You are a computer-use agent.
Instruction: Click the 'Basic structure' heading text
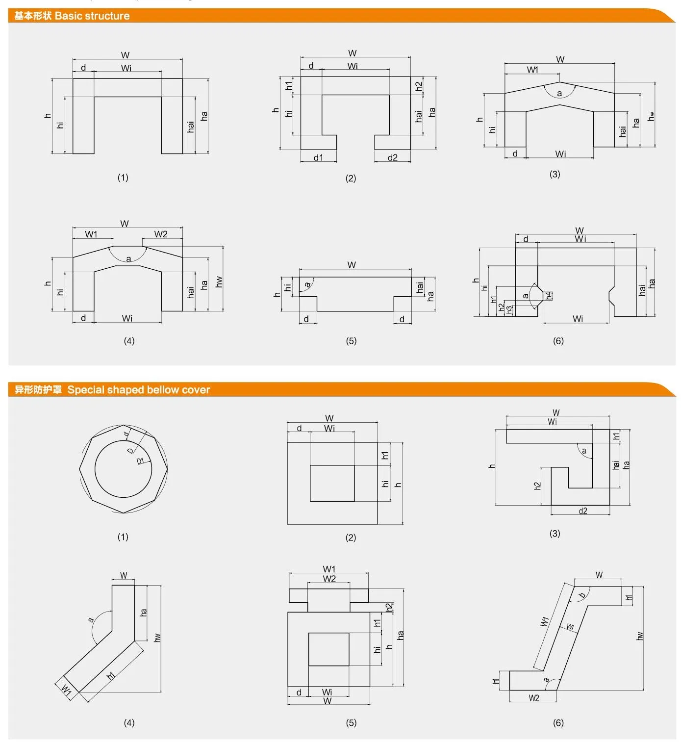pos(92,16)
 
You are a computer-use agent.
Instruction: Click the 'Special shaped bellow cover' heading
pos(138,390)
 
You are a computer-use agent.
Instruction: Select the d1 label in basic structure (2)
pos(318,157)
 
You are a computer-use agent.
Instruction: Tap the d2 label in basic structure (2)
pos(392,157)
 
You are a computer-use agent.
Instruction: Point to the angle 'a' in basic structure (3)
pos(559,93)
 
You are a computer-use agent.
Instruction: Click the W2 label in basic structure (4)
pos(161,234)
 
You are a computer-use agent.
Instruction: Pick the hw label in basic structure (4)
pos(219,281)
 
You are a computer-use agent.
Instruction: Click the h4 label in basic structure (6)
pos(549,295)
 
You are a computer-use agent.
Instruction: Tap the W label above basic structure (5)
pos(352,265)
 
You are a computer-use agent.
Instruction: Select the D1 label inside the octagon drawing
pos(140,461)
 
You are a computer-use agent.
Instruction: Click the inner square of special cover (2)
pos(332,483)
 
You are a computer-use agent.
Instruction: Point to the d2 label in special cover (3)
pos(582,511)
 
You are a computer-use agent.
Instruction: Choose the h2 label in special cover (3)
pos(537,486)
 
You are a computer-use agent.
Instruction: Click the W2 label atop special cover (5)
pos(329,579)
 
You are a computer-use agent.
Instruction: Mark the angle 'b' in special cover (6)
pos(582,595)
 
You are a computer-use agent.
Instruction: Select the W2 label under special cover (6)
pos(533,698)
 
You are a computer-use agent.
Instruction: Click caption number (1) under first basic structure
pos(123,178)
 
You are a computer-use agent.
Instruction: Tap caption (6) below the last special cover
pos(558,722)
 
